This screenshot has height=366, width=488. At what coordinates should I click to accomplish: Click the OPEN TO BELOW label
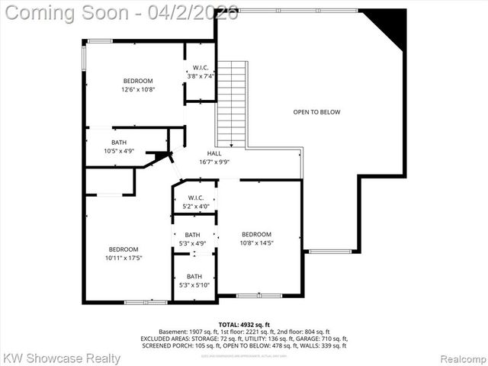tap(316, 112)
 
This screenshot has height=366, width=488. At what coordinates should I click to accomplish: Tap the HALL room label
tap(214, 153)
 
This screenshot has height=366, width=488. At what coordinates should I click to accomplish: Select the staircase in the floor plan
tap(232, 103)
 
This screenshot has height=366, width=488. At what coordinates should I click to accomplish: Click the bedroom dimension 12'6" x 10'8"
tap(138, 89)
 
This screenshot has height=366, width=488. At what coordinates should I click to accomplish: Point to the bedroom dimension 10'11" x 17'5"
tap(123, 258)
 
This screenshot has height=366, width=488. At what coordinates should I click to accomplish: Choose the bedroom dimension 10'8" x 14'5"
tap(256, 242)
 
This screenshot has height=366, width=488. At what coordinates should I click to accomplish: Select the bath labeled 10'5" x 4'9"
tap(119, 151)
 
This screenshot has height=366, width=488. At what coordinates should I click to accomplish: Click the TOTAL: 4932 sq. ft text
tap(244, 325)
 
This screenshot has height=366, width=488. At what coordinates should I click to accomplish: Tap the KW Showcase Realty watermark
tap(62, 358)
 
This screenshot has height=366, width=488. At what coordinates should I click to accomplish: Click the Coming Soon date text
tap(120, 13)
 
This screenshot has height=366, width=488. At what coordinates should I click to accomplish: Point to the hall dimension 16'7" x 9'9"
tap(214, 162)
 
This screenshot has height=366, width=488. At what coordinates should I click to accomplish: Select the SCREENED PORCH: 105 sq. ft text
tap(177, 345)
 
